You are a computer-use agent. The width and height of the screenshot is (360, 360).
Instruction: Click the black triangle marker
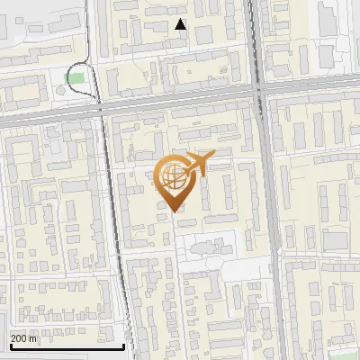click(x=181, y=24)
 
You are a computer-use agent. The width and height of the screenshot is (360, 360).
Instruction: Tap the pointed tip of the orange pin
click(x=174, y=211)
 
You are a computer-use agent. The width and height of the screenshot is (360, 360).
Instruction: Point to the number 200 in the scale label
click(x=21, y=338)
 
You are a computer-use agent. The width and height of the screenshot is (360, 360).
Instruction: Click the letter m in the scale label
click(x=34, y=338)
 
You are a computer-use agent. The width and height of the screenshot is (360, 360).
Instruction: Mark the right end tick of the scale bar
click(x=123, y=346)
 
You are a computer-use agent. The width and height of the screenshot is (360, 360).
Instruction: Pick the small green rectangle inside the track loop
click(x=76, y=78)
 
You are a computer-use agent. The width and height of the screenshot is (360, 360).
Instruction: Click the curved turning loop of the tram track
click(x=76, y=64)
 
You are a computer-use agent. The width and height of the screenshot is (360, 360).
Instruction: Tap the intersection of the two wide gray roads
click(x=259, y=92)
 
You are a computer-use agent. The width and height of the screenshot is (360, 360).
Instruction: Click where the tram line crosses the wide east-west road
click(x=97, y=106)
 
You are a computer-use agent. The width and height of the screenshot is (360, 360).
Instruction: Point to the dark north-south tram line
click(x=112, y=225)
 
